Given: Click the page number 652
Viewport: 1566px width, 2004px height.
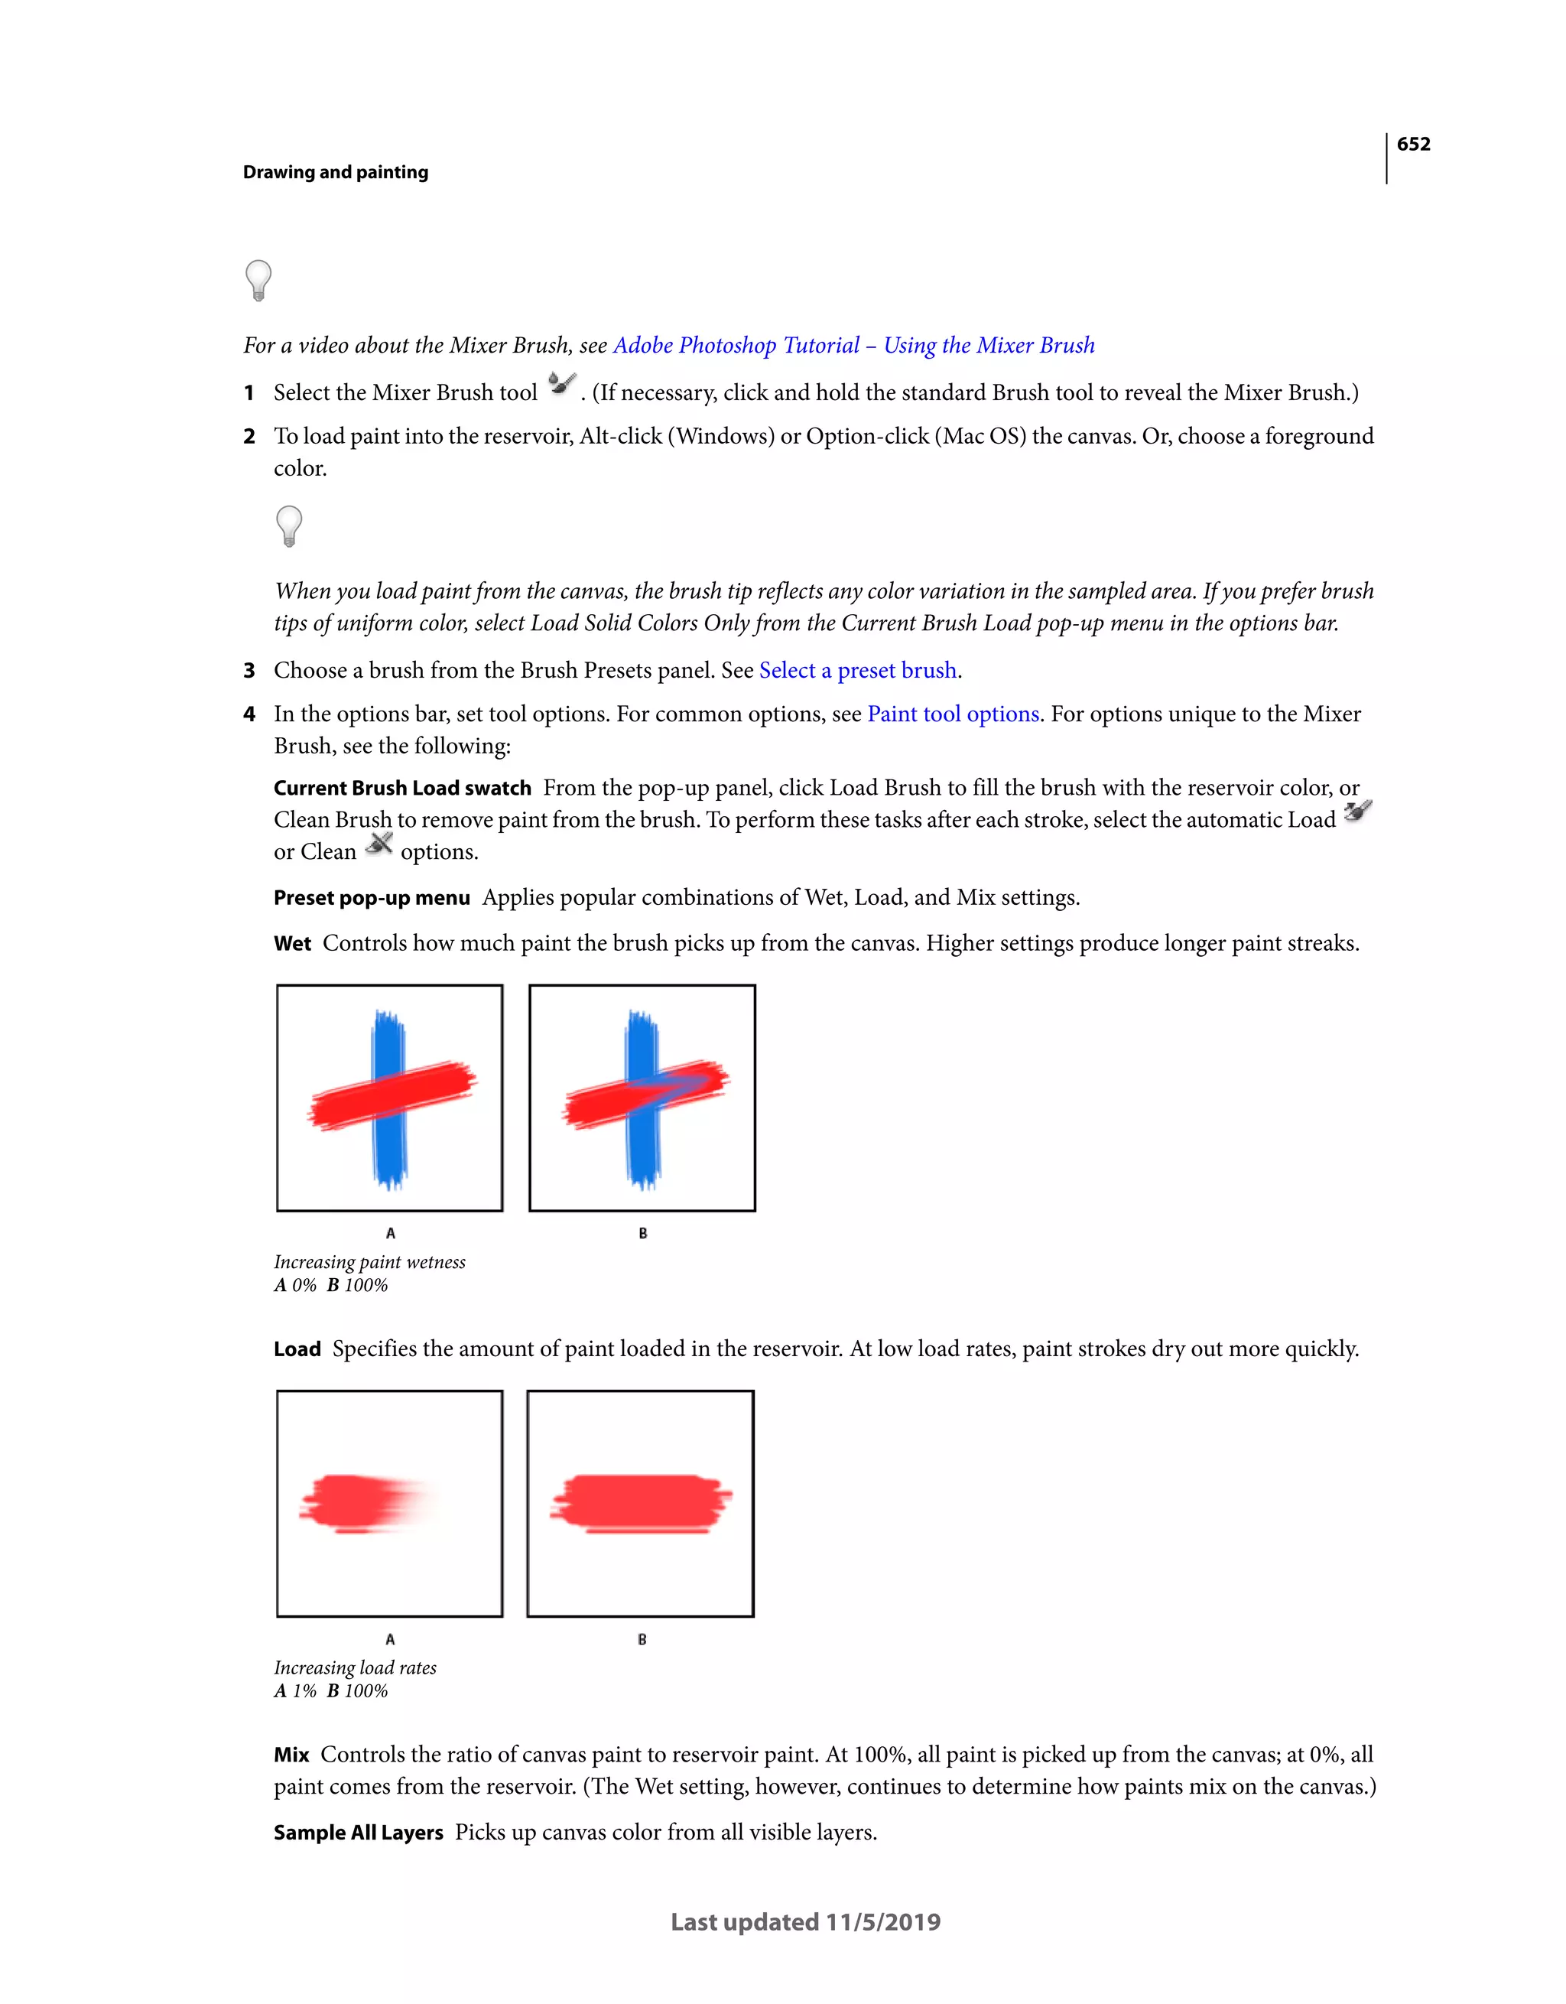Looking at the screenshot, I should pyautogui.click(x=1413, y=144).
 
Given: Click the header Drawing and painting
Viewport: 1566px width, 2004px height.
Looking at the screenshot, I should pyautogui.click(x=335, y=173).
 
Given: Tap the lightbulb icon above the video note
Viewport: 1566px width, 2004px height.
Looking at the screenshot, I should pyautogui.click(x=258, y=280).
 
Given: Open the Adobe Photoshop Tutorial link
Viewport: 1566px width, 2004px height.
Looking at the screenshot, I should pyautogui.click(x=853, y=346).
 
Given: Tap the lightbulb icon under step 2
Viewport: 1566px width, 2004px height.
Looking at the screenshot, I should pyautogui.click(x=289, y=525).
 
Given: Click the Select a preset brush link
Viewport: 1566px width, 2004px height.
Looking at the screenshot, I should pyautogui.click(x=858, y=671).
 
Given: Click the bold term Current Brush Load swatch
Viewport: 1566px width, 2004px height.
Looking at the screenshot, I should pyautogui.click(x=401, y=788).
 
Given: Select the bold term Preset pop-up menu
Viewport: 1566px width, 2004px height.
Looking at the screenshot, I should pyautogui.click(x=372, y=898).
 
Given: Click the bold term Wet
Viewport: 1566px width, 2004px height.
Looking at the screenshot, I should pyautogui.click(x=292, y=944).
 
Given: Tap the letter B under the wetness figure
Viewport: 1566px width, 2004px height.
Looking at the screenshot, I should pyautogui.click(x=642, y=1233).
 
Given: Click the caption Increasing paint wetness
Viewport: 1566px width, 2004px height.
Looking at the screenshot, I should pyautogui.click(x=370, y=1263).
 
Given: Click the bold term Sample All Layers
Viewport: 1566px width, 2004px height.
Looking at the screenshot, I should pyautogui.click(x=358, y=1833).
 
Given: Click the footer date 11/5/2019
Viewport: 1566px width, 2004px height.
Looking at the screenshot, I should pyautogui.click(x=882, y=1922).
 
